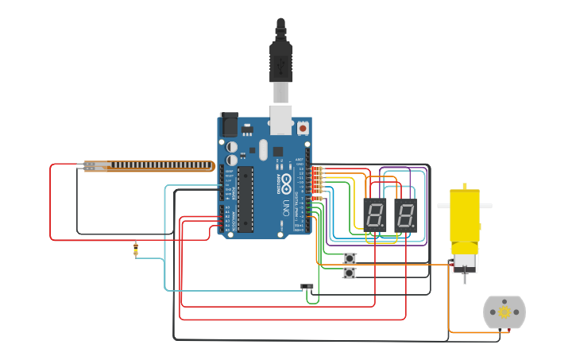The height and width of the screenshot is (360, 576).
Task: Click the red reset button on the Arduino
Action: coord(303,127)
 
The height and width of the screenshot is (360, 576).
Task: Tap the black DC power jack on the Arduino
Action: coord(229,124)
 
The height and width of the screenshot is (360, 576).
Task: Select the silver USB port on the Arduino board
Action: coord(280,119)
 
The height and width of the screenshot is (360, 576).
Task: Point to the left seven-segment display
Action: coord(374,215)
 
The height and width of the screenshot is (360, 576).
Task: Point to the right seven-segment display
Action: coord(405,215)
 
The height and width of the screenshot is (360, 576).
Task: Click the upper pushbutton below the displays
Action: coord(350,258)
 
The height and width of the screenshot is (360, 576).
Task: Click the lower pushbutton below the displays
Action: coord(350,273)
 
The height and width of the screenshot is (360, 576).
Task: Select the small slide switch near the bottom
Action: coord(307,286)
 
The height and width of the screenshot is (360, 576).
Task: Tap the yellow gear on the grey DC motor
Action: coord(504,312)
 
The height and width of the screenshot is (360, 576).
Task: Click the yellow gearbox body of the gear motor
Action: coord(465,215)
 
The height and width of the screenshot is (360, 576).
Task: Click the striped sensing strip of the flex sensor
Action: coord(159,165)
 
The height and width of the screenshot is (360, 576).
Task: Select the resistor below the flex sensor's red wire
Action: coord(136,250)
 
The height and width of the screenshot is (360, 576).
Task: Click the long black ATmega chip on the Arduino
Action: coord(245,199)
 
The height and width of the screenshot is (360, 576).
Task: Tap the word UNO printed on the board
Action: coord(285,208)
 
